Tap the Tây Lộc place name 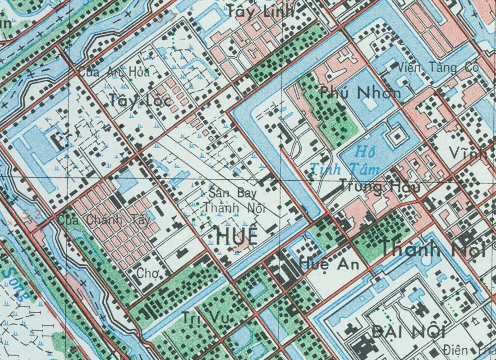pyautogui.click(x=139, y=100)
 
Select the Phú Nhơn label pyautogui.click(x=359, y=92)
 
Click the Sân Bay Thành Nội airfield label pyautogui.click(x=233, y=201)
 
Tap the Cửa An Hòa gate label pyautogui.click(x=115, y=72)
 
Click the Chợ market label pyautogui.click(x=148, y=273)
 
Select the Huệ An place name pyautogui.click(x=330, y=264)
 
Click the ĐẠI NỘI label pyautogui.click(x=409, y=332)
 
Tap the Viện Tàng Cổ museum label pyautogui.click(x=437, y=68)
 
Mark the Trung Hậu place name pyautogui.click(x=379, y=186)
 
